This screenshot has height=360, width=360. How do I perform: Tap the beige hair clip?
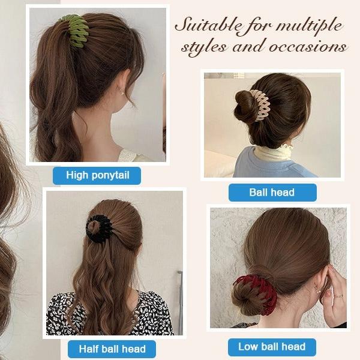259,106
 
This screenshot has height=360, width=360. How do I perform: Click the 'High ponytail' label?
97,175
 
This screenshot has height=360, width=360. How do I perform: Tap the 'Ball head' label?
272,193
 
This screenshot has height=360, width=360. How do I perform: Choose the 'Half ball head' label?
112,349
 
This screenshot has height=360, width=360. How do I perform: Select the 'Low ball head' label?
272,347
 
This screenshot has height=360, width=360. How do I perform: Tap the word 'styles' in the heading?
203,47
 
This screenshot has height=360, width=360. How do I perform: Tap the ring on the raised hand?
338,295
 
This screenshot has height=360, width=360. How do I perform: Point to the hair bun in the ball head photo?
246,106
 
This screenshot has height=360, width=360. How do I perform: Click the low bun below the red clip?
247,299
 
